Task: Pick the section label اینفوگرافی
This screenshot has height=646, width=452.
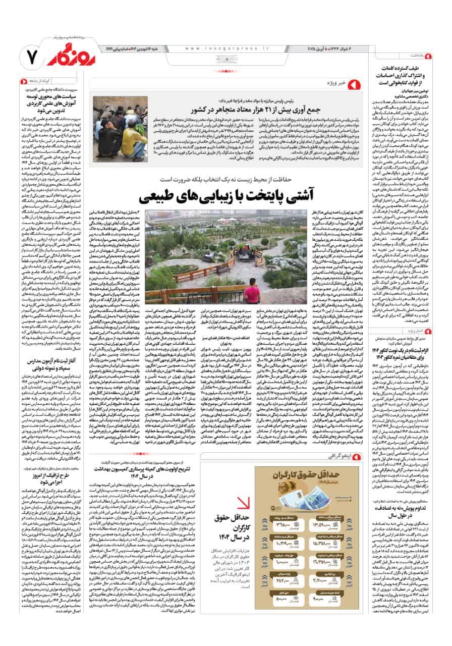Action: click(x=337, y=457)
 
